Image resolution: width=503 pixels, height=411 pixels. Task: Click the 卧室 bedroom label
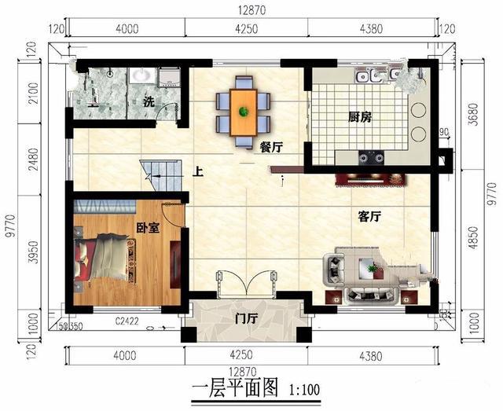pyautogui.click(x=148, y=227)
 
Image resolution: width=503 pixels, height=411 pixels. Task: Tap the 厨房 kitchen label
pyautogui.click(x=359, y=117)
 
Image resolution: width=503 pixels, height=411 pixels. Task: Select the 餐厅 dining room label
pyautogui.click(x=270, y=147)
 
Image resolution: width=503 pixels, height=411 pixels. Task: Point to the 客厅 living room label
pyautogui.click(x=369, y=217)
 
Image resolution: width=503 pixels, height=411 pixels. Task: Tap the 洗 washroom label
pyautogui.click(x=149, y=101)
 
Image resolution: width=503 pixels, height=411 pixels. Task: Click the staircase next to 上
pyautogui.click(x=154, y=172)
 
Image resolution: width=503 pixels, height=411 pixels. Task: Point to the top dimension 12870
pyautogui.click(x=251, y=9)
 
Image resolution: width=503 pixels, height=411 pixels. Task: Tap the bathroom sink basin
pyautogui.click(x=142, y=75)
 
